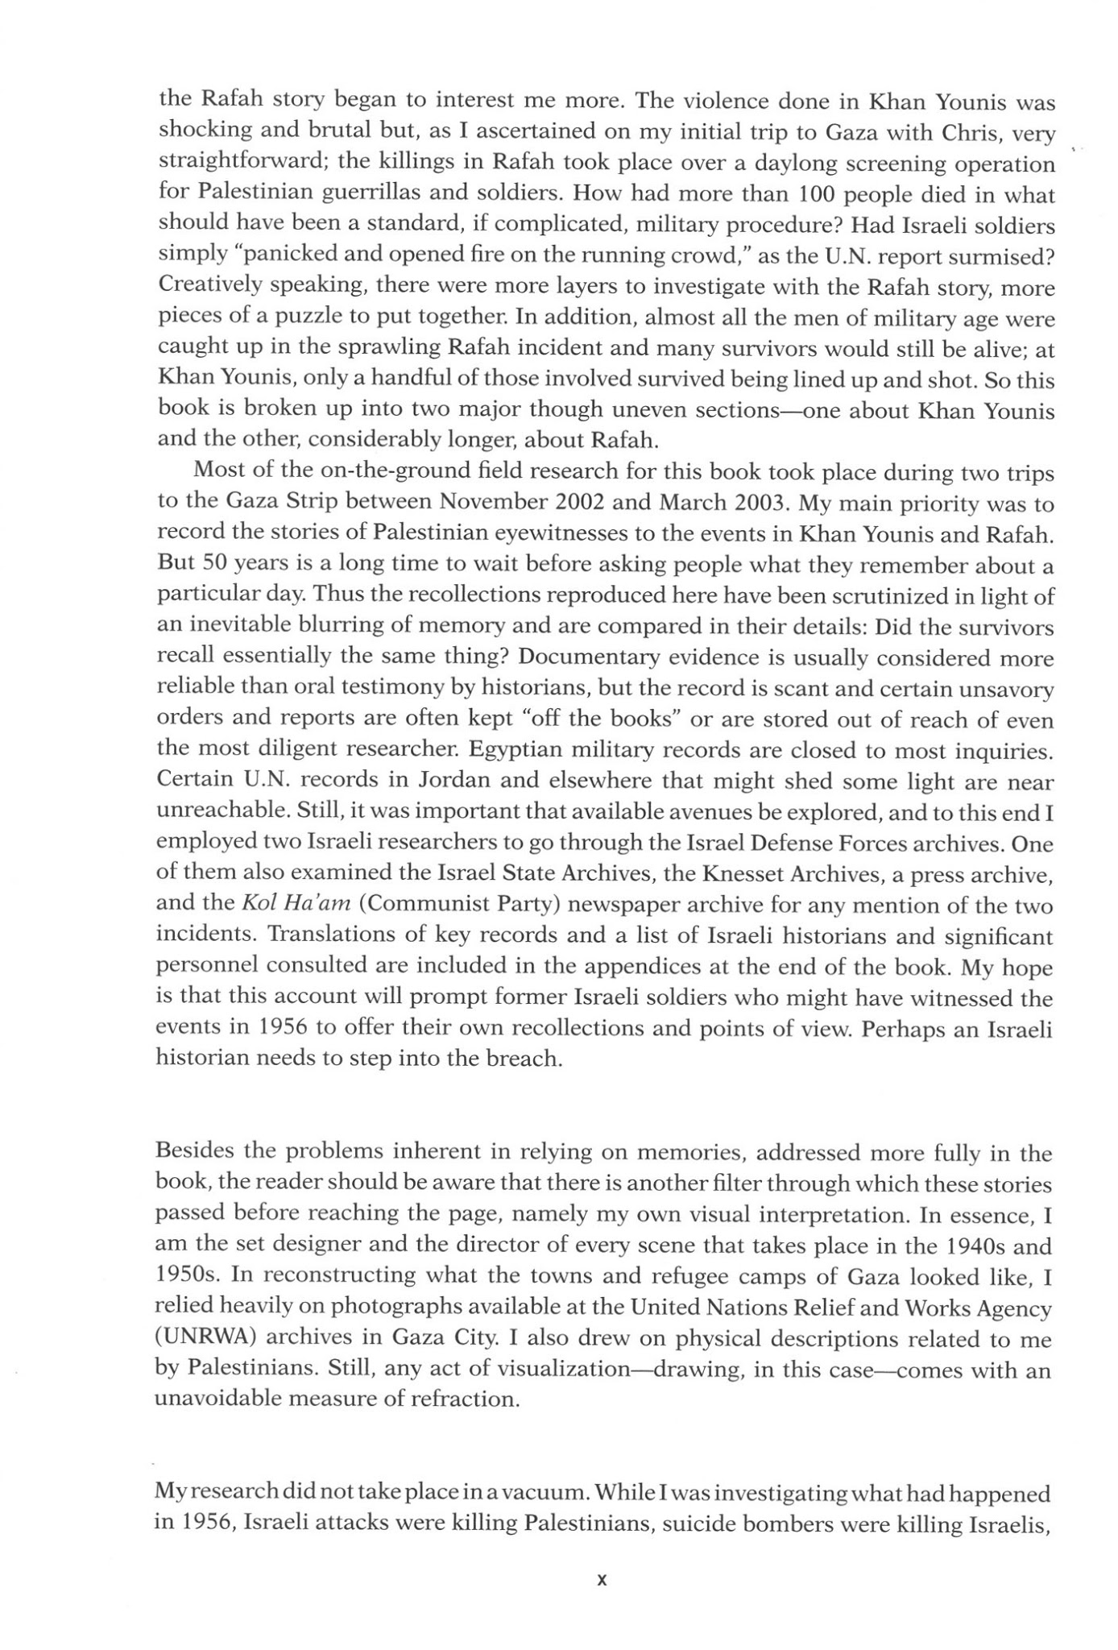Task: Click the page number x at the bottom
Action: [x=601, y=1581]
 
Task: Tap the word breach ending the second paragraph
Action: [x=523, y=1059]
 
